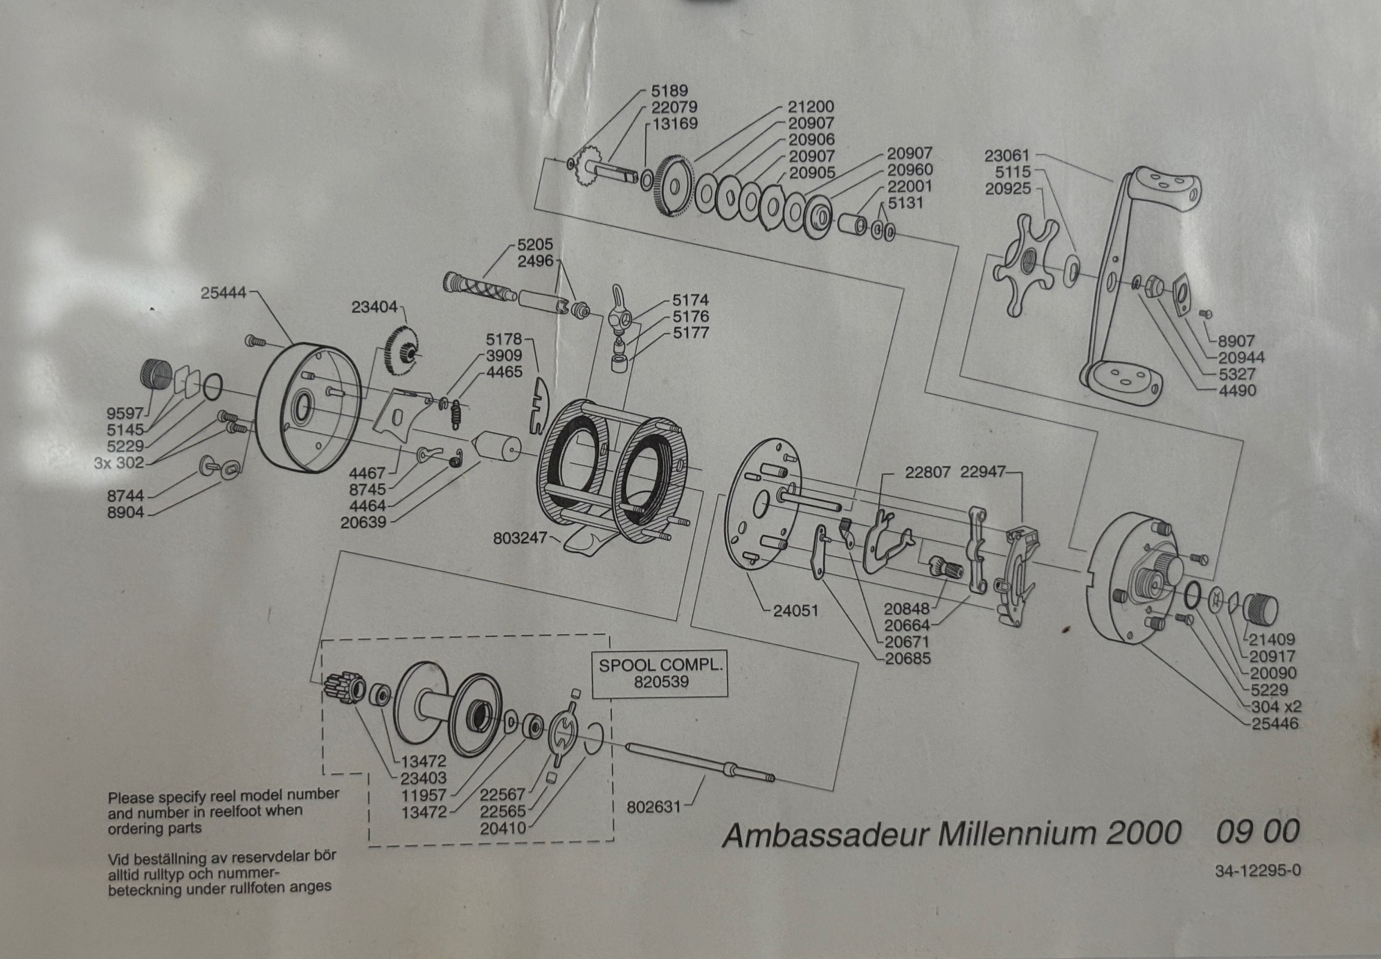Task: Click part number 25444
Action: click(x=224, y=293)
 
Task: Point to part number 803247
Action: click(x=520, y=538)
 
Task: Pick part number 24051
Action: click(x=795, y=611)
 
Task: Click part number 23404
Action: click(x=374, y=307)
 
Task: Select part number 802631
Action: click(x=653, y=807)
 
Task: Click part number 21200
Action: click(x=811, y=107)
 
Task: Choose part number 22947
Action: click(x=982, y=472)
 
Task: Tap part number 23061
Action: click(x=1007, y=156)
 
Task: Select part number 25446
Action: click(x=1274, y=724)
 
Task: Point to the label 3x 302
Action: click(x=119, y=463)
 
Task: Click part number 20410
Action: click(x=503, y=827)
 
